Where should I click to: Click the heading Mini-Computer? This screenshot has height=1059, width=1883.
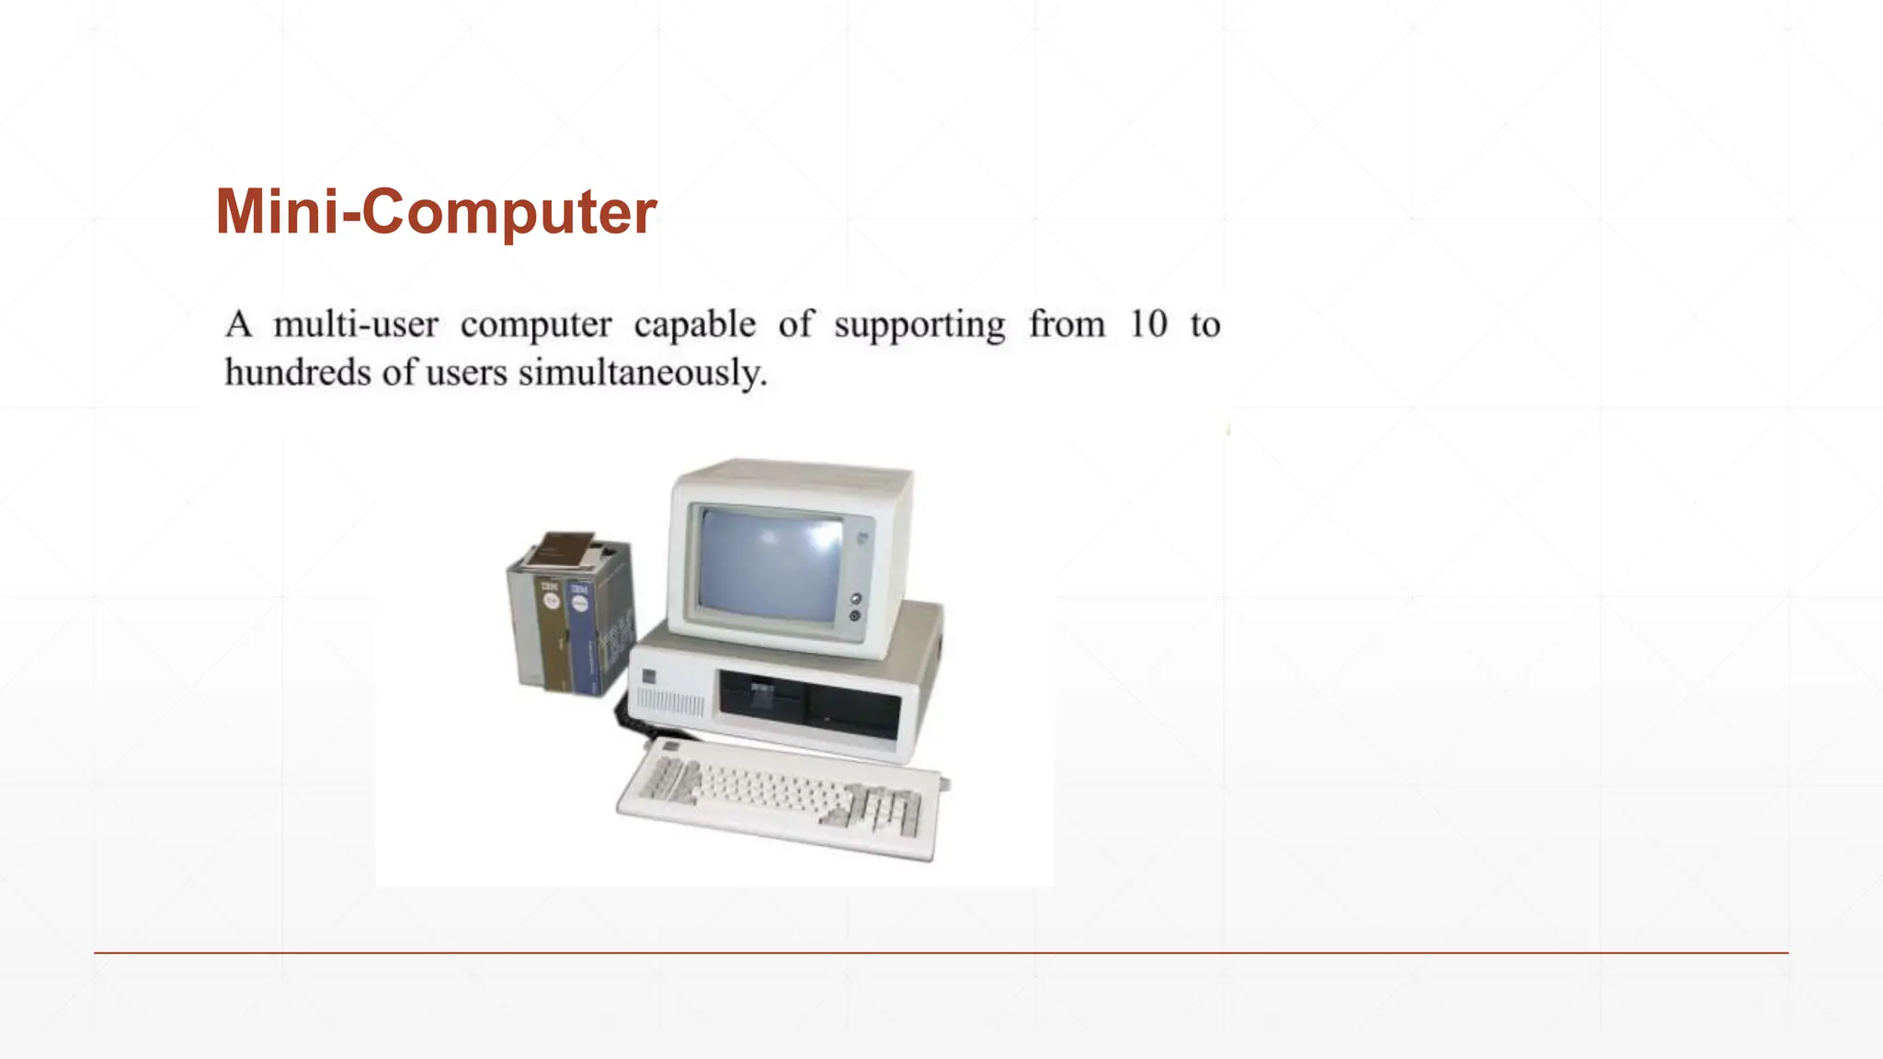click(x=436, y=211)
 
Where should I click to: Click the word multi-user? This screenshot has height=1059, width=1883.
click(x=356, y=325)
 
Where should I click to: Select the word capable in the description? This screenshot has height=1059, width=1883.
click(x=694, y=325)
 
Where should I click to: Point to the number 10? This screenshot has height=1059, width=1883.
click(x=1148, y=324)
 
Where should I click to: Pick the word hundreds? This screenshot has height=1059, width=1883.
click(x=297, y=372)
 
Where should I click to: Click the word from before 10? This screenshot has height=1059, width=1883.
click(x=1067, y=324)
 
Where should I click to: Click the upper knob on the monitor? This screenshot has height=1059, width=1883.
click(x=856, y=599)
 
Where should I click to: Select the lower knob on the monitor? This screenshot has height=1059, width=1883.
click(x=855, y=615)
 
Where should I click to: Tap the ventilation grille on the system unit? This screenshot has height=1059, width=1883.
click(x=670, y=703)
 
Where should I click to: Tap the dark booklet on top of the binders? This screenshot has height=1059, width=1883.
click(x=564, y=548)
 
